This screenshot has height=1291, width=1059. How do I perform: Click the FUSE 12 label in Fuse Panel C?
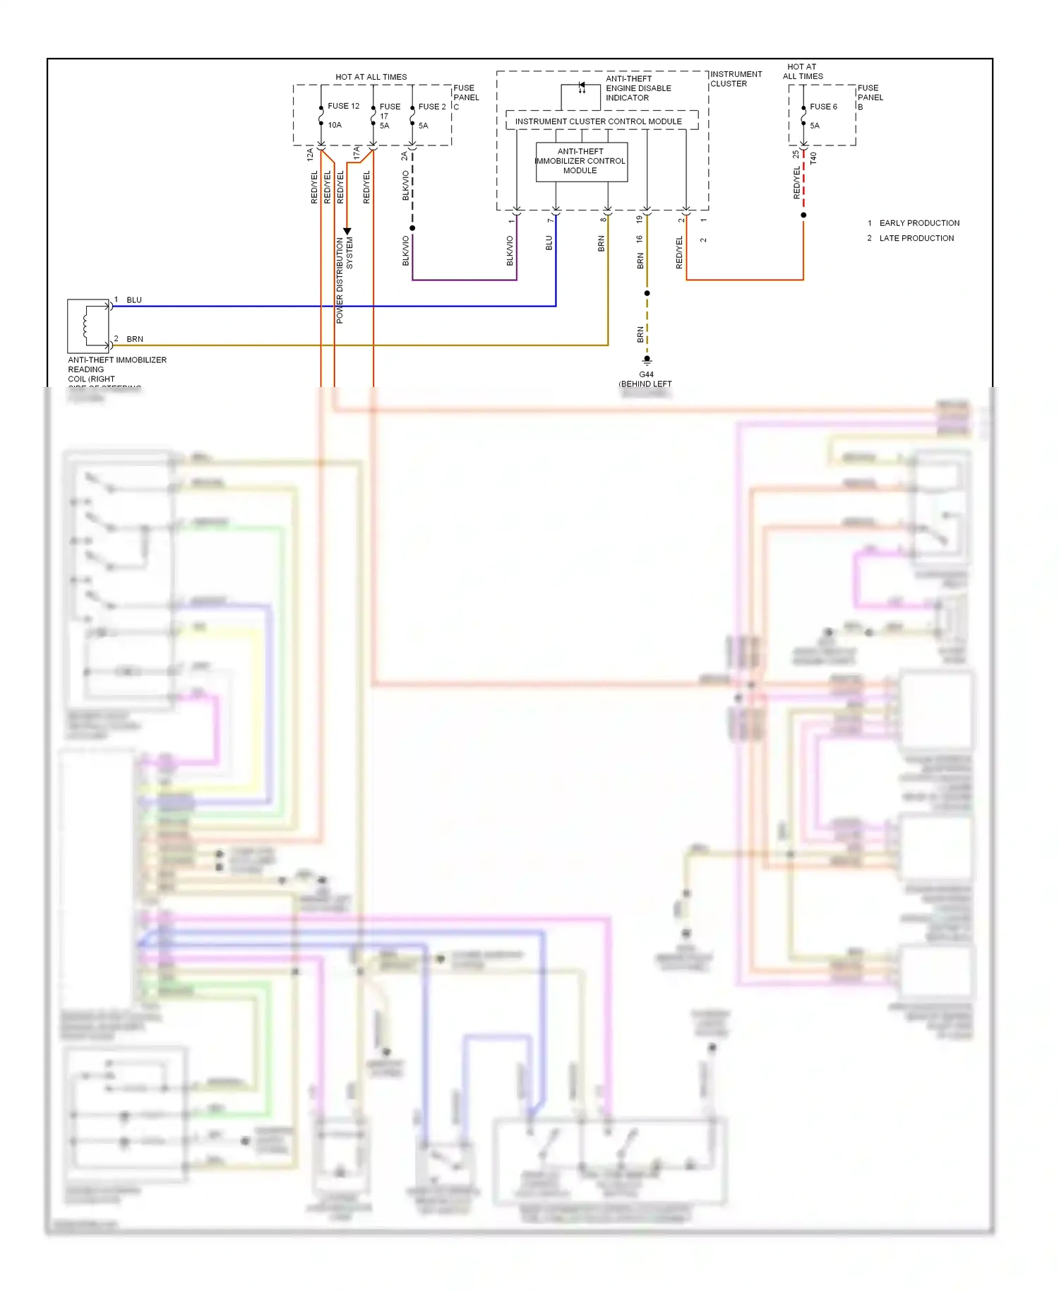click(343, 106)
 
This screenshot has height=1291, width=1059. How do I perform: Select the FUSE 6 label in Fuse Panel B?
click(823, 107)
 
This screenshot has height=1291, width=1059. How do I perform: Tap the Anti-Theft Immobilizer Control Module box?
click(581, 162)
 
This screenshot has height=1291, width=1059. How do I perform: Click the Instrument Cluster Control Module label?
click(598, 121)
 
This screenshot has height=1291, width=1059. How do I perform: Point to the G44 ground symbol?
click(647, 360)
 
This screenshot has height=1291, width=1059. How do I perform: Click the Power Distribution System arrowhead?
click(347, 231)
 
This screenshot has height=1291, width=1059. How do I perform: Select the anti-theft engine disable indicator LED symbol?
click(582, 87)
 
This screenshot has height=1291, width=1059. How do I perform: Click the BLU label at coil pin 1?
click(134, 300)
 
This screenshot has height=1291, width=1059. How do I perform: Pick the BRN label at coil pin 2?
click(135, 339)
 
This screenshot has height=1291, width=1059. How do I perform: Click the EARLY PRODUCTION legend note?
click(919, 223)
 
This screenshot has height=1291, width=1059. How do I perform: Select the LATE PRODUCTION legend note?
click(916, 239)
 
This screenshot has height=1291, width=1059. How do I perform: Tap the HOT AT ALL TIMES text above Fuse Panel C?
click(371, 77)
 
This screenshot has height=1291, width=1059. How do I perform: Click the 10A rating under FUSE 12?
click(335, 125)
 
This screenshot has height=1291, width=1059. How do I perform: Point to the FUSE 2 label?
click(431, 107)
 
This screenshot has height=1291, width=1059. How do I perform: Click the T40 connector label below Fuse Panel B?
click(813, 158)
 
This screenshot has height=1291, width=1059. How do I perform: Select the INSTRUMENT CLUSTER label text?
click(735, 78)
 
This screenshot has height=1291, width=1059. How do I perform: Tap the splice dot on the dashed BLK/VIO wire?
click(412, 228)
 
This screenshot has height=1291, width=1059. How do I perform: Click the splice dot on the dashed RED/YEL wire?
click(803, 215)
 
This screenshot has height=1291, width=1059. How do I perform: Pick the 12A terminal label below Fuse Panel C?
click(310, 155)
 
